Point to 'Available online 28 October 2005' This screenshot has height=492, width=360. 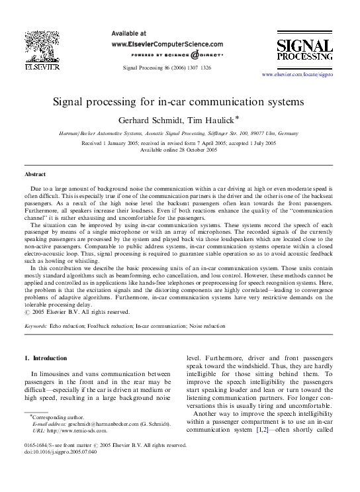pos(179,150)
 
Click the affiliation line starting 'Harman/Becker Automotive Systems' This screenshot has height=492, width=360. pos(180,134)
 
